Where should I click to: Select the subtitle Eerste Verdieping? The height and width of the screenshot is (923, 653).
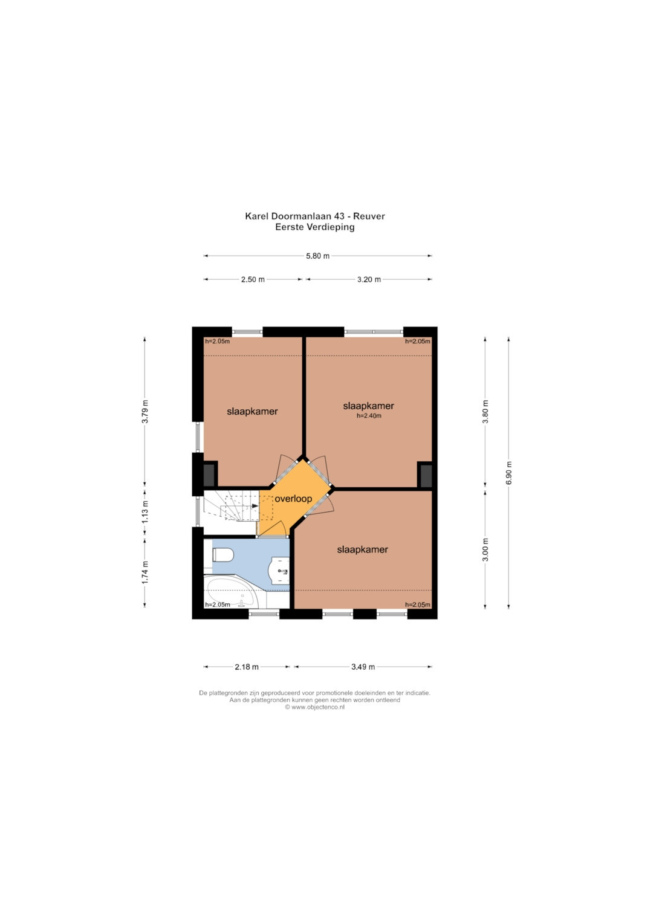[x=315, y=227]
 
